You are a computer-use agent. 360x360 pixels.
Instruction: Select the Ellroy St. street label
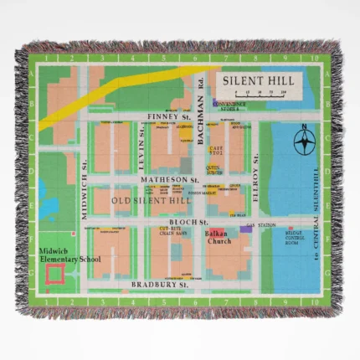click(x=255, y=183)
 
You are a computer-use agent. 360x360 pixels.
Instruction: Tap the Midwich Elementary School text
click(x=69, y=255)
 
